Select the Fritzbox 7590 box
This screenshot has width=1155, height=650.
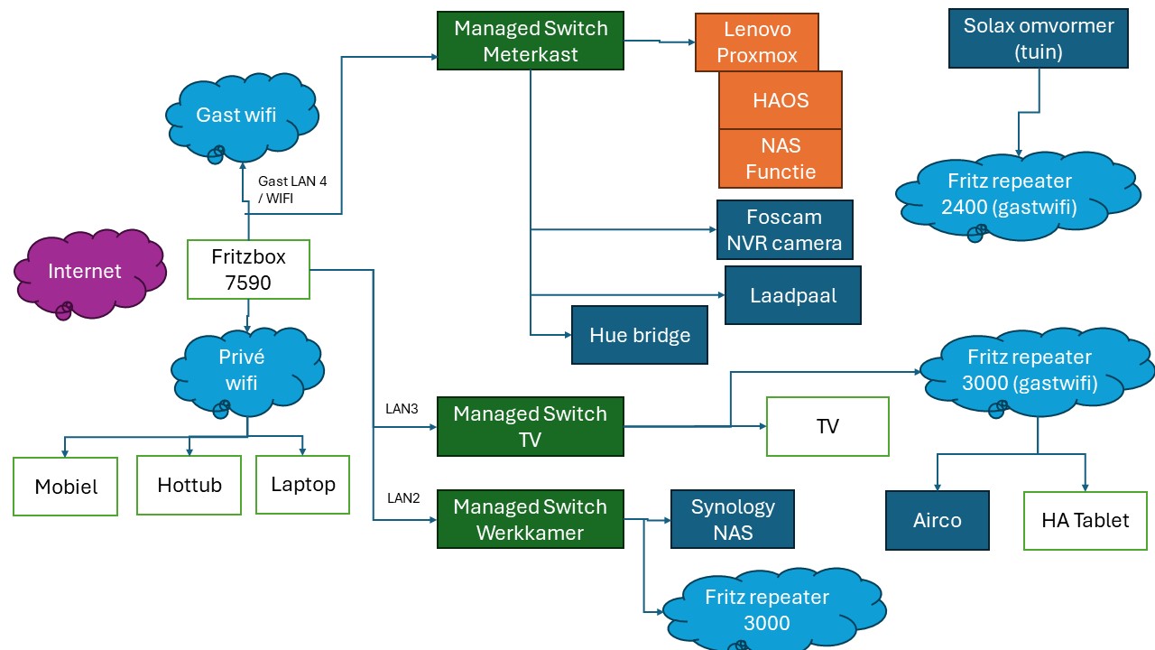248,269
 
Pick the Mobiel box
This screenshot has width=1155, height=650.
65,487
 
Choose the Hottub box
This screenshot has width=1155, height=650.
189,485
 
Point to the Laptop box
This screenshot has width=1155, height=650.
302,484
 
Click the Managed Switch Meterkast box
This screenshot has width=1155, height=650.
530,41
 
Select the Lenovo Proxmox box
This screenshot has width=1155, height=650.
756,42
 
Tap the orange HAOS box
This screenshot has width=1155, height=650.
780,100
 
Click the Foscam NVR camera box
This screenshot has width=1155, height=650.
783,229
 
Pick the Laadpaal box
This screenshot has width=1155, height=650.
792,295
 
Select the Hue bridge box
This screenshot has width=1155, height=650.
639,335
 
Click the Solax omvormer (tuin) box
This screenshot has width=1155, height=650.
1038,39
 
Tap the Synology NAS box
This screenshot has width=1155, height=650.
732,519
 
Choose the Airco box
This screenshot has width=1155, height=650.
937,520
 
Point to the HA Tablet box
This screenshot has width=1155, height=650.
1085,520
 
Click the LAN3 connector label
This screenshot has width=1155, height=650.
402,409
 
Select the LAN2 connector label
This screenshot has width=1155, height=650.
403,497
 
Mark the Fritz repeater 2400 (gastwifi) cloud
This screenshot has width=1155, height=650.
1009,193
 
